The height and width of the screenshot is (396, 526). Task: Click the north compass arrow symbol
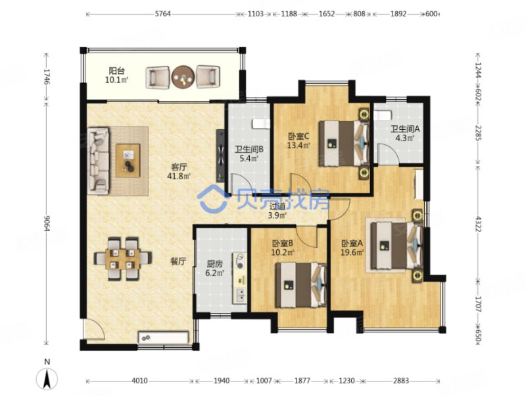(x=47, y=378)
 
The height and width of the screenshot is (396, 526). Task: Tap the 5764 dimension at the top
(x=162, y=14)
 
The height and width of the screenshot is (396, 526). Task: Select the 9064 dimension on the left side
(x=47, y=223)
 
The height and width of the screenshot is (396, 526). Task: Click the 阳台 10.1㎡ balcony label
(x=116, y=75)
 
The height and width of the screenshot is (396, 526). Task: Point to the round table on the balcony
(x=183, y=77)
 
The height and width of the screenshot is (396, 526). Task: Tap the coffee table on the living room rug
(x=128, y=160)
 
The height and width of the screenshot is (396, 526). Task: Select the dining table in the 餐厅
(x=122, y=258)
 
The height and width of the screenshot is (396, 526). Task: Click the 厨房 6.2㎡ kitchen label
(x=215, y=268)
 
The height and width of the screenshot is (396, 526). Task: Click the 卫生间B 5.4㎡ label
(x=249, y=154)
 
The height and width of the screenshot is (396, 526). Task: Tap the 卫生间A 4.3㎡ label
(x=405, y=133)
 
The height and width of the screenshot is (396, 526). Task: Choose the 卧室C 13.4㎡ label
(x=299, y=140)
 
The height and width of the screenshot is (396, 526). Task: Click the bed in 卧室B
(x=301, y=285)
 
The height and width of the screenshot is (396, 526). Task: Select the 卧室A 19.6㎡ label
(x=352, y=247)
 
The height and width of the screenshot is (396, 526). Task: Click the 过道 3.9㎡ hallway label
(x=277, y=211)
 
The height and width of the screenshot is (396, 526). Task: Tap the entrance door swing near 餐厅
(x=94, y=329)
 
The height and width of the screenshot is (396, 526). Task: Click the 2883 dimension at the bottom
(x=401, y=381)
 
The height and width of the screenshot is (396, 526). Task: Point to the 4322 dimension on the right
(x=478, y=223)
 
